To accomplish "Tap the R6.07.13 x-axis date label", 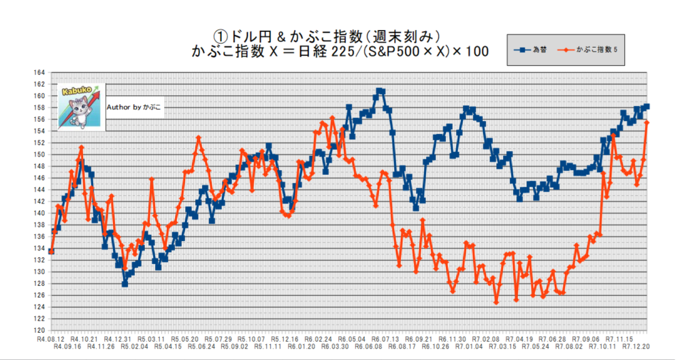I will click(386, 338).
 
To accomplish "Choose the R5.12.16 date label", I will click(285, 338).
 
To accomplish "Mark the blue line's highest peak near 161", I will click(380, 91).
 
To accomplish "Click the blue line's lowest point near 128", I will click(125, 283).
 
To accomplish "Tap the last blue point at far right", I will click(647, 106).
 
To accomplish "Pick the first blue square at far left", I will click(52, 251).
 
